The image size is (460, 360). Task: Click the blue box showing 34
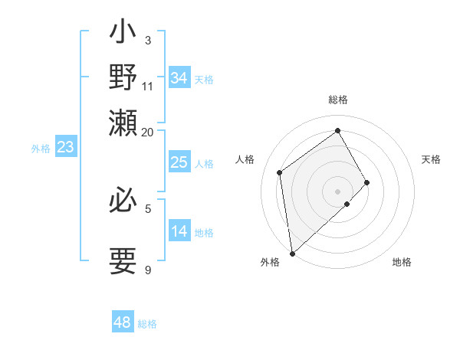point(179,78)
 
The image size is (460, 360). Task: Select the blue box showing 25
point(179,162)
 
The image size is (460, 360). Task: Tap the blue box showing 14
point(179,231)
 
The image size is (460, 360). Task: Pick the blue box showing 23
point(65,148)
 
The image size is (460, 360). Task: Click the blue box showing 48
point(123,322)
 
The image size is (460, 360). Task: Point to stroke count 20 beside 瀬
point(148,131)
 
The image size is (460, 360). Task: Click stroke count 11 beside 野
point(148,85)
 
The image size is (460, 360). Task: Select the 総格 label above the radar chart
point(338,100)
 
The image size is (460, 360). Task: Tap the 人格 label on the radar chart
point(245,159)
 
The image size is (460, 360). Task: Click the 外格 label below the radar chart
point(270,262)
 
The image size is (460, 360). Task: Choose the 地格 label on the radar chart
point(402,262)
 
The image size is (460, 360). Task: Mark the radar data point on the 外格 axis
point(292,253)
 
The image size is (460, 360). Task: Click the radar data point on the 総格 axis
point(338,130)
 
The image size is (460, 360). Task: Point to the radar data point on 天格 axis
point(367,182)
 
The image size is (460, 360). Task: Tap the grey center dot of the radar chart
point(338,191)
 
